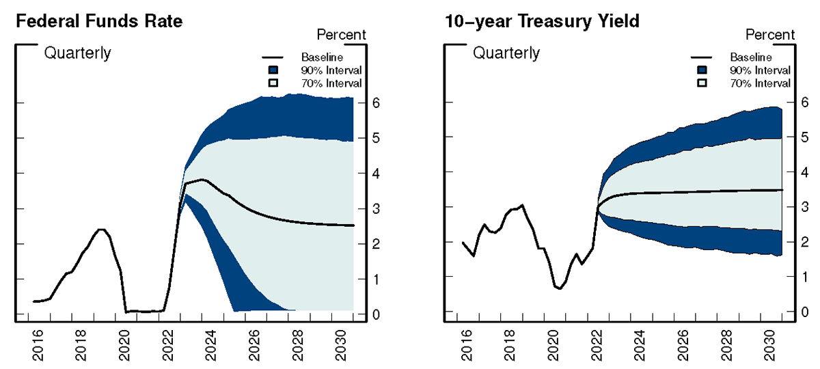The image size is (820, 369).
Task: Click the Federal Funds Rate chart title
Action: (99, 21)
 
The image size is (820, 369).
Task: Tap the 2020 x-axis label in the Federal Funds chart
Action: (124, 347)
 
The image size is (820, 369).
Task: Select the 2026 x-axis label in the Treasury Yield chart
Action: (681, 347)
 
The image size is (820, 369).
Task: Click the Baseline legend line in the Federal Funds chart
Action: (273, 57)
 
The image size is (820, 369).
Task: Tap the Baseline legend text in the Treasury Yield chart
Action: (750, 57)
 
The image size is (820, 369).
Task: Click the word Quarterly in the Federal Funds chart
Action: (77, 53)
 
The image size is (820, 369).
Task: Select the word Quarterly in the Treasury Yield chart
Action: (506, 53)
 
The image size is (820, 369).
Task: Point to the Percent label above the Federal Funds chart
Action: (342, 35)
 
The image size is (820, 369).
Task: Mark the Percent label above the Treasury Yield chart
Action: (770, 35)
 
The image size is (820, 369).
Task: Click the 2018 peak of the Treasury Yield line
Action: (522, 205)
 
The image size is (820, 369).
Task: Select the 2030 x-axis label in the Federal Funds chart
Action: (340, 347)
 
